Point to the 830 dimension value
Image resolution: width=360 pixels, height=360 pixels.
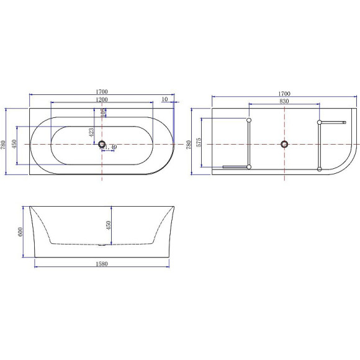[284, 101]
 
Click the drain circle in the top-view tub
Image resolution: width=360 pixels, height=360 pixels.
[102, 144]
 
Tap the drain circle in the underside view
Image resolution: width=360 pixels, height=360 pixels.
[284, 144]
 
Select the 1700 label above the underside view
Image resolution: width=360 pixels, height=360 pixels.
[284, 94]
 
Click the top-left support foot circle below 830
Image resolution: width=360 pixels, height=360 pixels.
[248, 120]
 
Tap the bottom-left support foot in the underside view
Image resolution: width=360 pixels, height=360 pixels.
[248, 168]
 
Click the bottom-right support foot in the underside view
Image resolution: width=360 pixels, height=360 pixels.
[320, 168]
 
